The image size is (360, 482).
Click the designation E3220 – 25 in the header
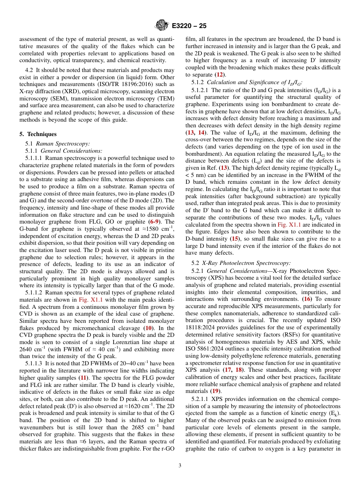pyautogui.click(x=189, y=26)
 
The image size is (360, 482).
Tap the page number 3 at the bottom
pyautogui.click(x=180, y=465)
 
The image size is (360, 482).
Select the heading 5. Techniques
pyautogui.click(x=38, y=134)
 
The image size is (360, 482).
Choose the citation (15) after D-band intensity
pyautogui.click(x=235, y=239)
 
